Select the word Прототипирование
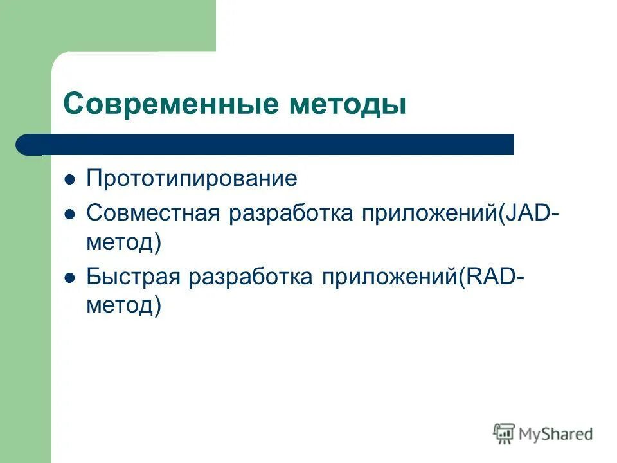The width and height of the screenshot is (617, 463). (192, 179)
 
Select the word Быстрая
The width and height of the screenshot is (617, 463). (133, 277)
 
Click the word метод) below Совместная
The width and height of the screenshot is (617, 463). (123, 242)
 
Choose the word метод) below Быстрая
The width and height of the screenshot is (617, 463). (123, 307)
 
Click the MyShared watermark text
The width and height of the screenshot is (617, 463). (556, 434)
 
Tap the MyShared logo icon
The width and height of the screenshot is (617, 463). (505, 433)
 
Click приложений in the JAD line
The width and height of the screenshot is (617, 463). (428, 213)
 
